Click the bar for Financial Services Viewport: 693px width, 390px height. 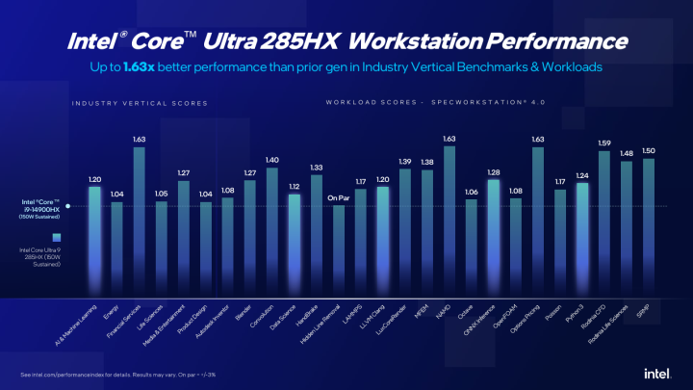(x=139, y=221)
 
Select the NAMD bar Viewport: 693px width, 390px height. (x=449, y=221)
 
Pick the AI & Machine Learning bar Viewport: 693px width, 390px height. (x=94, y=241)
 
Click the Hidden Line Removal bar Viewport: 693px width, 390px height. (x=338, y=250)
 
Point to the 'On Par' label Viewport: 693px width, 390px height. (x=338, y=198)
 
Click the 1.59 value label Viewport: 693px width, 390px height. (x=603, y=143)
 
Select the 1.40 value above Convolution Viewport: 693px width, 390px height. (x=271, y=160)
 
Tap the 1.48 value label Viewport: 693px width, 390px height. (x=626, y=153)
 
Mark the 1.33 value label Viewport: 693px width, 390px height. (x=316, y=168)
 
